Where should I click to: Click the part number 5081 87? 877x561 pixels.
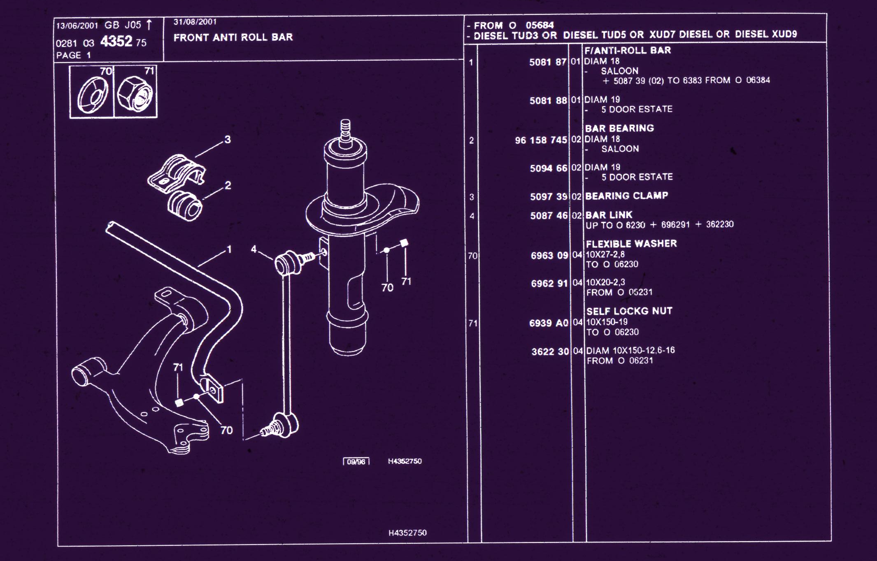coord(548,62)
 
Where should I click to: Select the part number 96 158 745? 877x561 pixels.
coord(541,140)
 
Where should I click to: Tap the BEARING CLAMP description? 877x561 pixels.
coord(626,196)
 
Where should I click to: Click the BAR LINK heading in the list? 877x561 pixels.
coord(609,215)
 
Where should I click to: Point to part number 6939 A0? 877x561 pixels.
coord(549,323)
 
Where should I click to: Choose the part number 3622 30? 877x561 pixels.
coord(550,351)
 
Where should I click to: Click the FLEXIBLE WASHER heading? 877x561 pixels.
coord(631,244)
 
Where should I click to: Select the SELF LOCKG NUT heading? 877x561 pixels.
coord(629,311)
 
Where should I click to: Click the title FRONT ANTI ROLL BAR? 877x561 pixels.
coord(233,37)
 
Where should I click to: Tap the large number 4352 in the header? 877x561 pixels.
coord(116,41)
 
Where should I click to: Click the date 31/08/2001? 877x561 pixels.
coord(195,22)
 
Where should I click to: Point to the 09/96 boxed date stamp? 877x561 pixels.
coord(356,461)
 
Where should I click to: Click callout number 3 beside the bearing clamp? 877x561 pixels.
coord(228,140)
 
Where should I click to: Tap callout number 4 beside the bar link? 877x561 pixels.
coord(254,249)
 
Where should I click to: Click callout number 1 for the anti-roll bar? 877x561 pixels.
coord(229,249)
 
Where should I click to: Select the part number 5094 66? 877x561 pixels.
coord(549,168)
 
